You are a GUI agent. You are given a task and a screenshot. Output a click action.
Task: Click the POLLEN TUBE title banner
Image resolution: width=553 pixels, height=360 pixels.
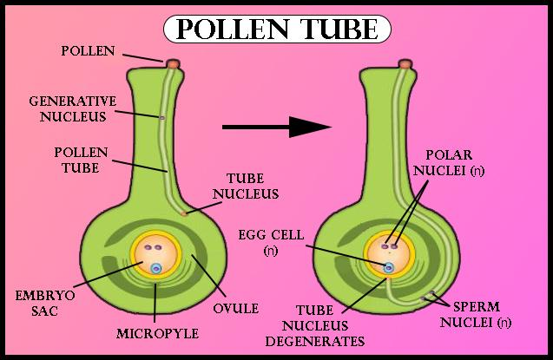(276, 29)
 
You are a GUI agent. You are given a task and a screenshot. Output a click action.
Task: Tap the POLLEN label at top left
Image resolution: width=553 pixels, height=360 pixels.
(89, 50)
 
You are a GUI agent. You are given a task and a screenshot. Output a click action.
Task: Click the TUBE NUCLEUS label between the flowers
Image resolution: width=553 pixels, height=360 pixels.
(251, 187)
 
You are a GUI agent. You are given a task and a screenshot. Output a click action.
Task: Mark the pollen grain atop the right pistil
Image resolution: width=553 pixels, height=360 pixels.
(404, 63)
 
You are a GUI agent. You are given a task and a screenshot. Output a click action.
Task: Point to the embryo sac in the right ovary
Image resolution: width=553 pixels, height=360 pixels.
(388, 253)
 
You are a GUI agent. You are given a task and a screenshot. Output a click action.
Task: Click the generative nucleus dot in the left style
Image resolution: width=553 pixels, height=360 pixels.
(162, 115)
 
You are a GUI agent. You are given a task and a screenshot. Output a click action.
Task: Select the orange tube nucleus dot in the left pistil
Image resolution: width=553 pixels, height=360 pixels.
(184, 213)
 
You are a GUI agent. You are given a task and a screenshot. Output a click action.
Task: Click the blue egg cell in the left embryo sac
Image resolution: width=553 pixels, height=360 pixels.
(156, 269)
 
